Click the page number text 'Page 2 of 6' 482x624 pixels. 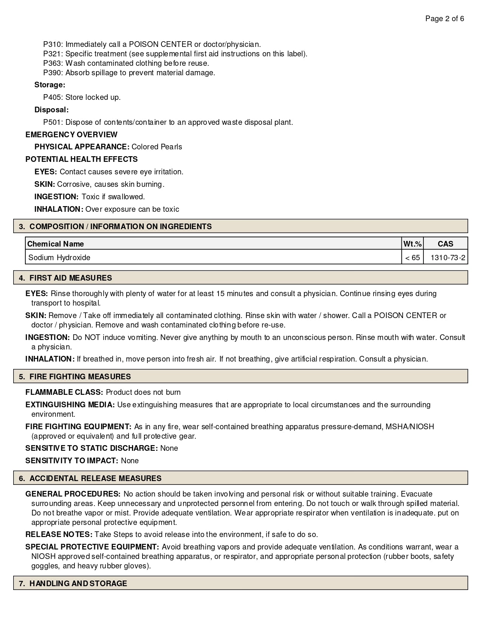(445, 19)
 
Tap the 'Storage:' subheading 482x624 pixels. (50, 85)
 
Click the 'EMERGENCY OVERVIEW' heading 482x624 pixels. (71, 135)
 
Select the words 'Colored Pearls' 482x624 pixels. (157, 147)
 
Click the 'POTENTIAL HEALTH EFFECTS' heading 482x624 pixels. (81, 159)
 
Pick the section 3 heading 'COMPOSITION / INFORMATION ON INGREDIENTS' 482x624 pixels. (120, 227)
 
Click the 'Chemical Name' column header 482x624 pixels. (56, 244)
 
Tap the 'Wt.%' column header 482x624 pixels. (412, 244)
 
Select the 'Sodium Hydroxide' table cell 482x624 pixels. (59, 258)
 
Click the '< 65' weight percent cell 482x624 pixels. (412, 258)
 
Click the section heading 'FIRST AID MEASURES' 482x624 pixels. (70, 278)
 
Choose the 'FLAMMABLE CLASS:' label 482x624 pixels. (64, 392)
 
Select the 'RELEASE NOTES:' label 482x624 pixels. (59, 534)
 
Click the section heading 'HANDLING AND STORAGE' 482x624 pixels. (78, 584)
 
